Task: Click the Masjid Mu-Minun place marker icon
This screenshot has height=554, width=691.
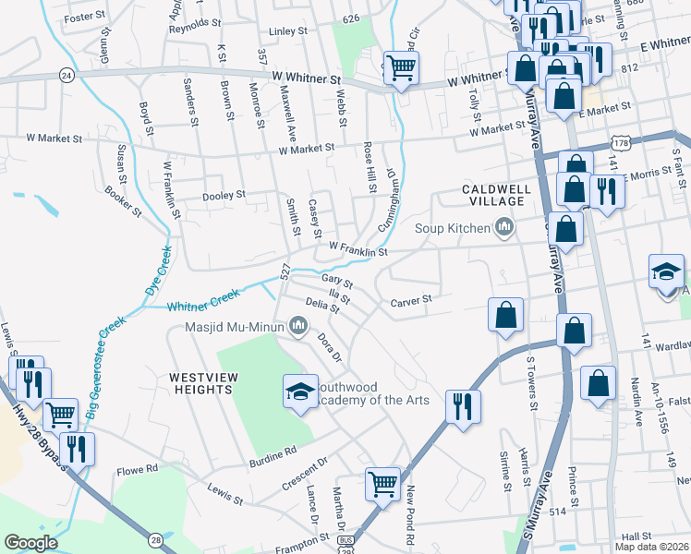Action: coord(298,325)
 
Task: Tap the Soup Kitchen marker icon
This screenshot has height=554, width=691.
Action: coord(504,226)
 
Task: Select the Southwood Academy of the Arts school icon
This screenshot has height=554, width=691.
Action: coord(299,393)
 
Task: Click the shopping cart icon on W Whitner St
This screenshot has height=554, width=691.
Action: coord(401,67)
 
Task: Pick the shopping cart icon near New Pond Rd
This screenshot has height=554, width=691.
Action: coord(382,483)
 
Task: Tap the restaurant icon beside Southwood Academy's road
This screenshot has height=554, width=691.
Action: coord(462,406)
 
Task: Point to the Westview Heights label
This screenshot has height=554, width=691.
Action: coord(200,383)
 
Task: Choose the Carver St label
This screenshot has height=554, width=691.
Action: coord(411,300)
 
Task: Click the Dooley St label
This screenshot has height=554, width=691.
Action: coord(224,195)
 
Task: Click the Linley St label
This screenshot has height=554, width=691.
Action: coord(288,31)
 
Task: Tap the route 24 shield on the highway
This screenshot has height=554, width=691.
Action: coord(66,73)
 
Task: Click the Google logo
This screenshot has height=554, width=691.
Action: coord(31,543)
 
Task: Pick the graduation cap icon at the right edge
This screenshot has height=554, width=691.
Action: coord(666,271)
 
